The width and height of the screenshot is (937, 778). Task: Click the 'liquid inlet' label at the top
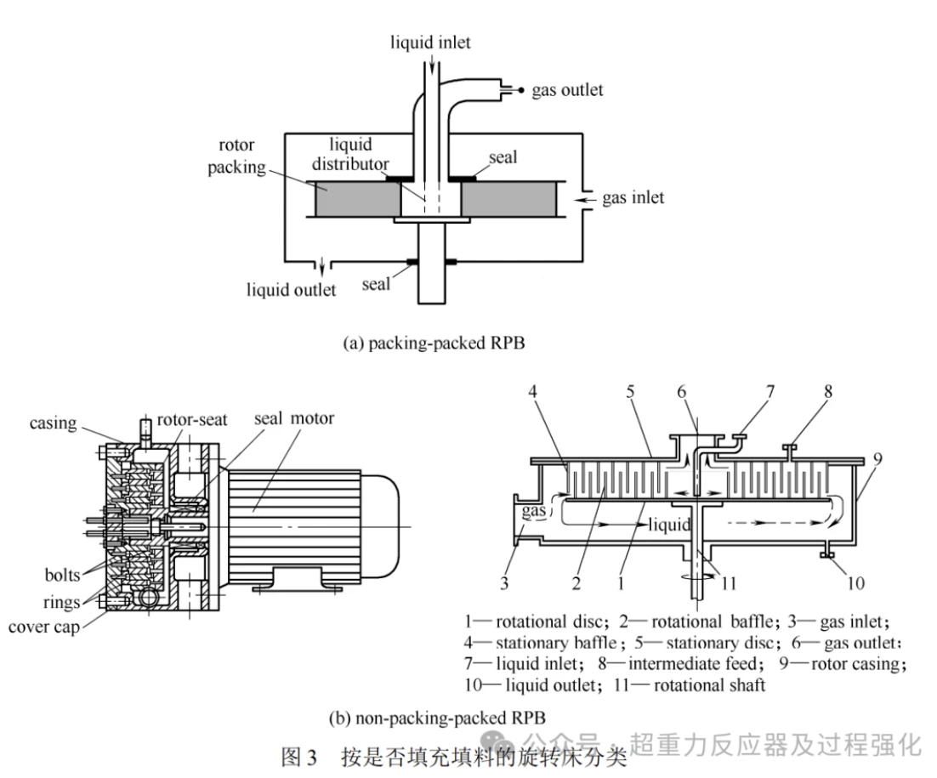pyautogui.click(x=430, y=42)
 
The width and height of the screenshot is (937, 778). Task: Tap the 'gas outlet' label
pyautogui.click(x=567, y=90)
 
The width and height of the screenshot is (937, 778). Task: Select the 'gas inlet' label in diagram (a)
pyautogui.click(x=633, y=198)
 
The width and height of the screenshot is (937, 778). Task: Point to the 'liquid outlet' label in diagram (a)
pyautogui.click(x=292, y=290)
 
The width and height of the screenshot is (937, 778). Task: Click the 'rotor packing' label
pyautogui.click(x=236, y=156)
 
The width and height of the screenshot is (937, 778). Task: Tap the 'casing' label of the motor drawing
pyautogui.click(x=54, y=423)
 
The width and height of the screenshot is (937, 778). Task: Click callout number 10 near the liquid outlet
pyautogui.click(x=855, y=583)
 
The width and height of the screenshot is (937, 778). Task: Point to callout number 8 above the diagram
pyautogui.click(x=804, y=392)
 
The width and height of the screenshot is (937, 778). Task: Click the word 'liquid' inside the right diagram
pyautogui.click(x=669, y=524)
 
